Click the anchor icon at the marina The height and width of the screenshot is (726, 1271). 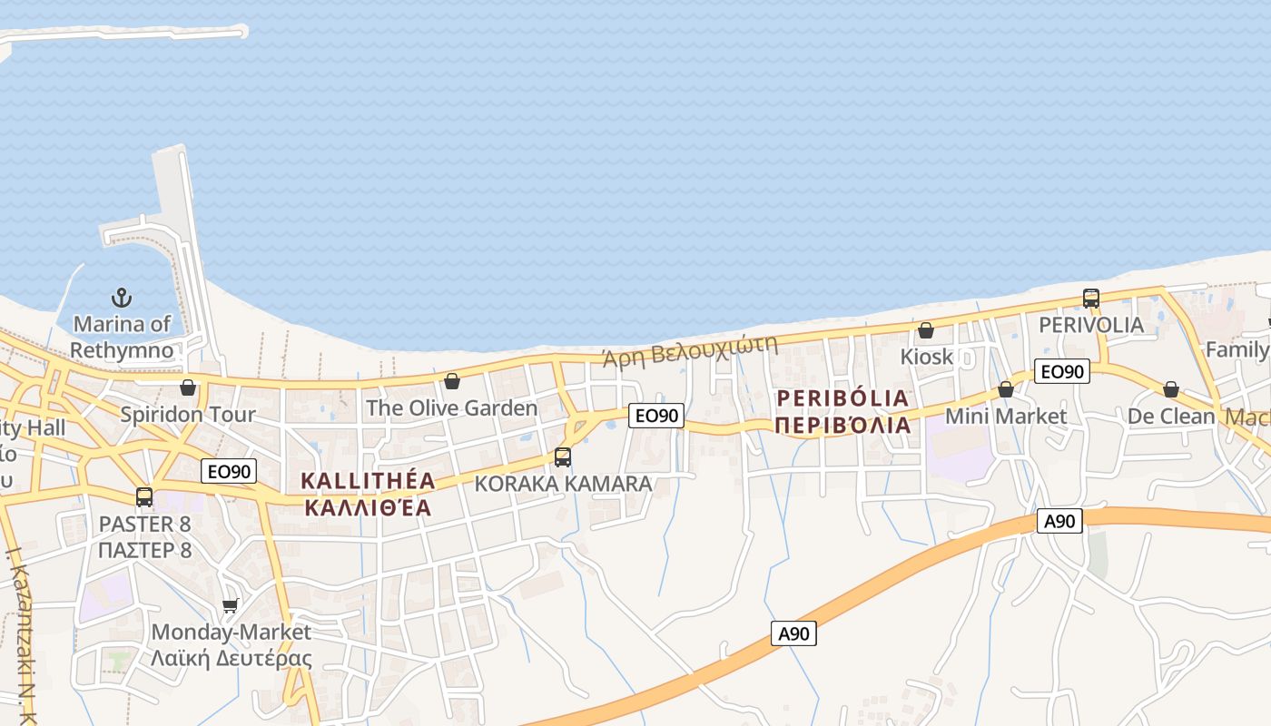coord(121,297)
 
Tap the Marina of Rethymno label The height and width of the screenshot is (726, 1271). coord(122,337)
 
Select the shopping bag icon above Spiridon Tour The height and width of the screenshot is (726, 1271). coord(188,388)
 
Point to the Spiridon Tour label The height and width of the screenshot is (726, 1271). coord(188,415)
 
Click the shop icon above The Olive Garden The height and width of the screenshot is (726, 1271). coord(452,381)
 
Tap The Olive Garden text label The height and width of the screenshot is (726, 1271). coord(452,408)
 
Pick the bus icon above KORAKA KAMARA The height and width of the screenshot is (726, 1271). coord(563,457)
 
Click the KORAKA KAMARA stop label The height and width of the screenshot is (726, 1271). coord(563,484)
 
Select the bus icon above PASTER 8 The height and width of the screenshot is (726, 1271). coord(144,497)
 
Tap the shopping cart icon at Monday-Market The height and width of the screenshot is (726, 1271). coord(231,605)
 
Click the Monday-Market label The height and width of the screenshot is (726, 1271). coord(231,632)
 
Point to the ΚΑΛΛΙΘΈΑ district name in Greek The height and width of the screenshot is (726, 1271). coord(368,507)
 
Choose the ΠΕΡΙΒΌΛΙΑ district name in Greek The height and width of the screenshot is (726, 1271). coord(842,425)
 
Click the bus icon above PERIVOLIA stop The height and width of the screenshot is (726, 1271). coord(1091,298)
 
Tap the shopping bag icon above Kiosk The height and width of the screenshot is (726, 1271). coord(926,330)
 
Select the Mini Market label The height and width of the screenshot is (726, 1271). coord(1006,417)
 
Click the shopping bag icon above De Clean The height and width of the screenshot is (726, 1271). coord(1171,389)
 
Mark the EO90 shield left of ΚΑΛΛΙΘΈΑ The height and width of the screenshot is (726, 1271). coord(229,471)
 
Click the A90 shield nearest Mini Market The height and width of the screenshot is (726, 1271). coord(1060,521)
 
